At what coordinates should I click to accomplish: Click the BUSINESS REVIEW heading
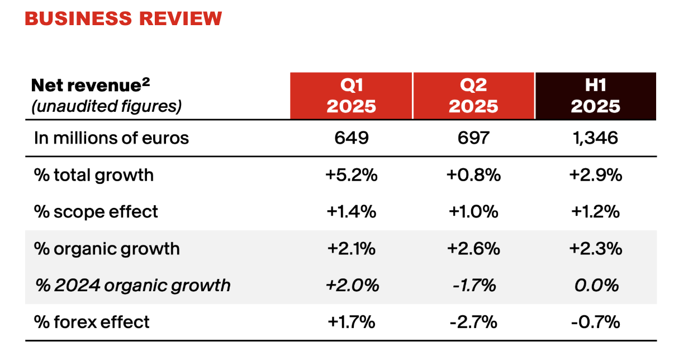pyautogui.click(x=123, y=18)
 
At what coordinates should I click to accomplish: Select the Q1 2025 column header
pyautogui.click(x=352, y=96)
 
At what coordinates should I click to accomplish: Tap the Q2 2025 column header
pyautogui.click(x=473, y=96)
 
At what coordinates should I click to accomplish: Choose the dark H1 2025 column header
pyautogui.click(x=595, y=96)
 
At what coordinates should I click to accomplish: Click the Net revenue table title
pyautogui.click(x=91, y=86)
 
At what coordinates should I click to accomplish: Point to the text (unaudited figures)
pyautogui.click(x=107, y=106)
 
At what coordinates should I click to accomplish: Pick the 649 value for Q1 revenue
pyautogui.click(x=352, y=138)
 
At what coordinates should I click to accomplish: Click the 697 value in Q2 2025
pyautogui.click(x=473, y=138)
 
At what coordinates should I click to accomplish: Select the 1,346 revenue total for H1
pyautogui.click(x=595, y=138)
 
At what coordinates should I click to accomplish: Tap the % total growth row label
pyautogui.click(x=93, y=175)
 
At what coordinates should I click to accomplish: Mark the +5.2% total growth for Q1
pyautogui.click(x=352, y=175)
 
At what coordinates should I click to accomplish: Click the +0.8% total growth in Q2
pyautogui.click(x=473, y=175)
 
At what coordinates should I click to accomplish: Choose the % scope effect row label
pyautogui.click(x=96, y=212)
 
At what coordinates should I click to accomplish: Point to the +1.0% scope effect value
pyautogui.click(x=473, y=212)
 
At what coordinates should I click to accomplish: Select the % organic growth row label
pyautogui.click(x=107, y=248)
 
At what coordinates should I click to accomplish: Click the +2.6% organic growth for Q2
pyautogui.click(x=473, y=248)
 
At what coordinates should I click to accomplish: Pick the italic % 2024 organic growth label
pyautogui.click(x=132, y=285)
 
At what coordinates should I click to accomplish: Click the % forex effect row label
pyautogui.click(x=92, y=322)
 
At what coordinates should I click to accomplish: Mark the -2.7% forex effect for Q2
pyautogui.click(x=473, y=322)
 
